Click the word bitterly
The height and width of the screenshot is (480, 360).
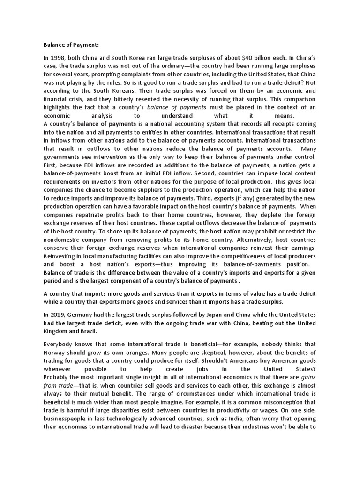(x=133, y=98)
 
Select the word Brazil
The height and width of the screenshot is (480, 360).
(x=83, y=331)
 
